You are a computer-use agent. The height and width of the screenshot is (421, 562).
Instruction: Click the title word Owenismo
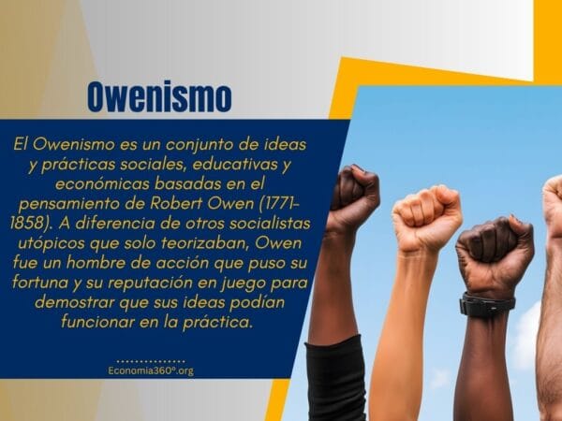158,97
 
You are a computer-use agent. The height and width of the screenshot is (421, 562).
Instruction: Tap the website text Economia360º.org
151,370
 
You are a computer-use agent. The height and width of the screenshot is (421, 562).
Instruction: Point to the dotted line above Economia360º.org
151,359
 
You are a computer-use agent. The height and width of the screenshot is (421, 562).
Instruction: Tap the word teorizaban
208,244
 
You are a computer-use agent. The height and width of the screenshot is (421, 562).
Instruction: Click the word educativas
233,166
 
